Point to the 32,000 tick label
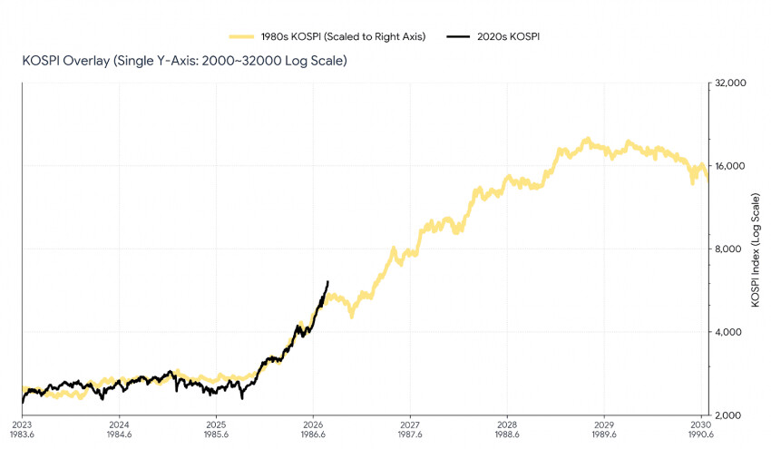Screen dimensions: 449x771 (731, 83)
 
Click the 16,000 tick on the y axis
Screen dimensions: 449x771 (731, 166)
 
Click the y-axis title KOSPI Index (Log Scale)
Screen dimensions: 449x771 (756, 249)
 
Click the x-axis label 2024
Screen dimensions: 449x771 (119, 425)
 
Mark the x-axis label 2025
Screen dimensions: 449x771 (216, 425)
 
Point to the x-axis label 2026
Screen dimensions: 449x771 (313, 425)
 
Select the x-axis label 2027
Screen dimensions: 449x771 (410, 425)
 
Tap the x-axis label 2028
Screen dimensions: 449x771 (507, 425)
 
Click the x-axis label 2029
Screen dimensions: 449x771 (604, 425)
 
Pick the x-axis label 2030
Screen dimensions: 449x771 (700, 425)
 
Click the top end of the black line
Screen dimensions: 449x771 (327, 282)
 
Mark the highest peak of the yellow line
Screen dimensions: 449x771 (588, 140)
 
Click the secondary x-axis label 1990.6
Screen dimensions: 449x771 (700, 435)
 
